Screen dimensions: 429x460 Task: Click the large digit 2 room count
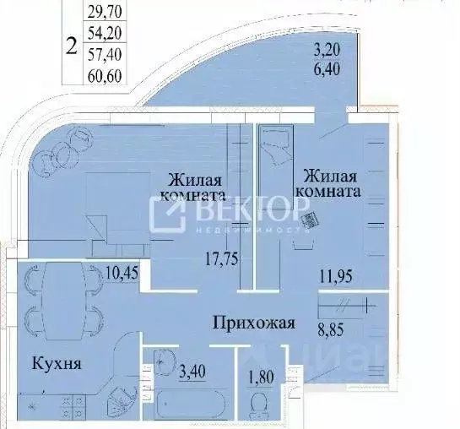(73, 44)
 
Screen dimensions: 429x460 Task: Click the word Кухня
(57, 364)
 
